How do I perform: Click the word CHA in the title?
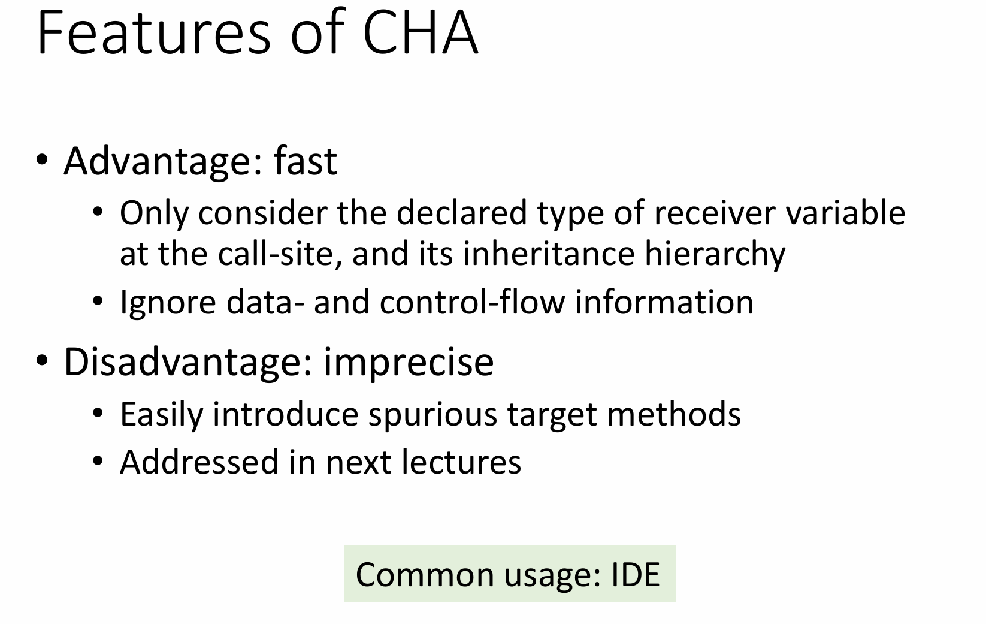421,32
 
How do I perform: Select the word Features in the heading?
154,32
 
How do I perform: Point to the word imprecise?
409,363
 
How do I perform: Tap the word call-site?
280,254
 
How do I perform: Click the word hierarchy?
715,255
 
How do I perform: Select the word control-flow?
472,302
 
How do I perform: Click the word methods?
674,414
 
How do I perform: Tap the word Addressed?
199,462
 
